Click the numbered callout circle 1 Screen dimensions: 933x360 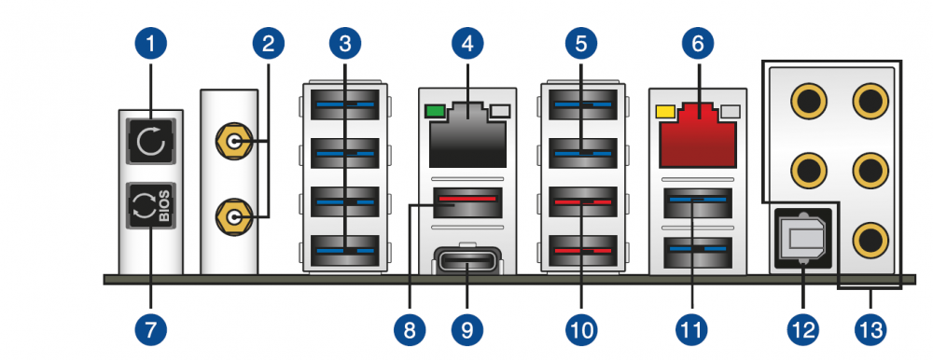tap(150, 44)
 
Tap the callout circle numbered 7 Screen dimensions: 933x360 tap(150, 329)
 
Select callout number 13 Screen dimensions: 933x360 tap(870, 329)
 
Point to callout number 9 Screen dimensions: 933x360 tap(467, 329)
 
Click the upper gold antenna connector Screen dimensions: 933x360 tap(231, 143)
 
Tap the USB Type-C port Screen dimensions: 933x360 tap(467, 261)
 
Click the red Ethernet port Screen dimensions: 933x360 tap(697, 134)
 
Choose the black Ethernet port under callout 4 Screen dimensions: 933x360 tap(467, 134)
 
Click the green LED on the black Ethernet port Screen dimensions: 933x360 tap(435, 111)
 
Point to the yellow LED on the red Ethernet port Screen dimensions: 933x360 tap(664, 111)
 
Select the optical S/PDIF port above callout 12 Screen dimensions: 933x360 tap(802, 238)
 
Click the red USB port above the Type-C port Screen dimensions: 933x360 tap(467, 202)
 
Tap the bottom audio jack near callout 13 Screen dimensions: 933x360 tap(870, 241)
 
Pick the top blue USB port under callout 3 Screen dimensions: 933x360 tap(345, 104)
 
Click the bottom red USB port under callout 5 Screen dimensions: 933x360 tap(582, 251)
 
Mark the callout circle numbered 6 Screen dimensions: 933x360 tap(697, 44)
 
